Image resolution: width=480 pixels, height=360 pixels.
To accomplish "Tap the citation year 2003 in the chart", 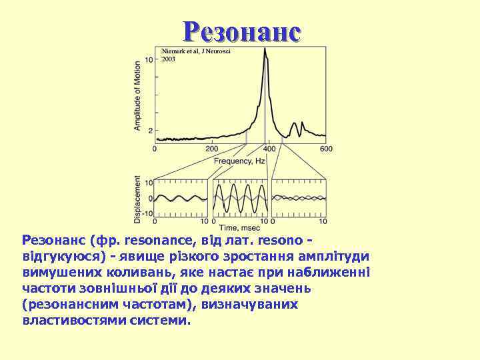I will point(169,59).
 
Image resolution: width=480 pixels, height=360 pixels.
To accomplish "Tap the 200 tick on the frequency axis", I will point(212,149).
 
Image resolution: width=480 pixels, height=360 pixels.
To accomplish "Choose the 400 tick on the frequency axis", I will point(269,149).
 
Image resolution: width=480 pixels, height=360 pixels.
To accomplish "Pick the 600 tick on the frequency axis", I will point(326,149).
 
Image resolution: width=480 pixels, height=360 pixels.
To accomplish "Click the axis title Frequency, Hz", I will point(239,161).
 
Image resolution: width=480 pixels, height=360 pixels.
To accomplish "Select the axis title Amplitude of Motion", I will point(138,95).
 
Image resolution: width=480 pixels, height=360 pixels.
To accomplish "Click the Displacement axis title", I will point(138,199).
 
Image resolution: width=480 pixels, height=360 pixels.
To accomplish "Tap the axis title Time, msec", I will point(240,228).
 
